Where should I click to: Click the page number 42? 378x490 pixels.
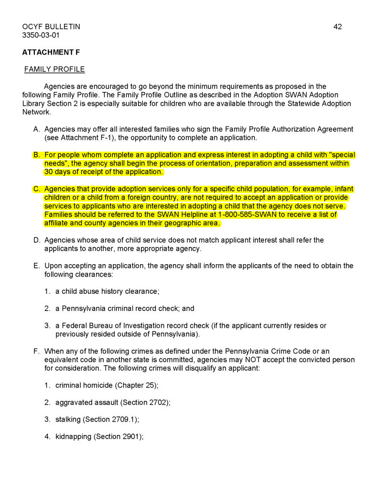pyautogui.click(x=337, y=27)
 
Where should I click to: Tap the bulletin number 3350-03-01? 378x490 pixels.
pyautogui.click(x=41, y=35)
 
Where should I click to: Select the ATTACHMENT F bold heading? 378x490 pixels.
pyautogui.click(x=51, y=52)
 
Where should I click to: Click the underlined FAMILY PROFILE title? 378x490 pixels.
pyautogui.click(x=54, y=69)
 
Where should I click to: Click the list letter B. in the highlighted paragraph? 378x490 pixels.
pyautogui.click(x=36, y=155)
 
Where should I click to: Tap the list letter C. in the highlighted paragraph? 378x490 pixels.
pyautogui.click(x=36, y=189)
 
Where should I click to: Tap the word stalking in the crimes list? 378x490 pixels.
pyautogui.click(x=68, y=420)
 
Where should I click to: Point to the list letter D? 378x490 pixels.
pyautogui.click(x=36, y=240)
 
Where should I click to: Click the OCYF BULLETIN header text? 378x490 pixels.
pyautogui.click(x=51, y=27)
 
